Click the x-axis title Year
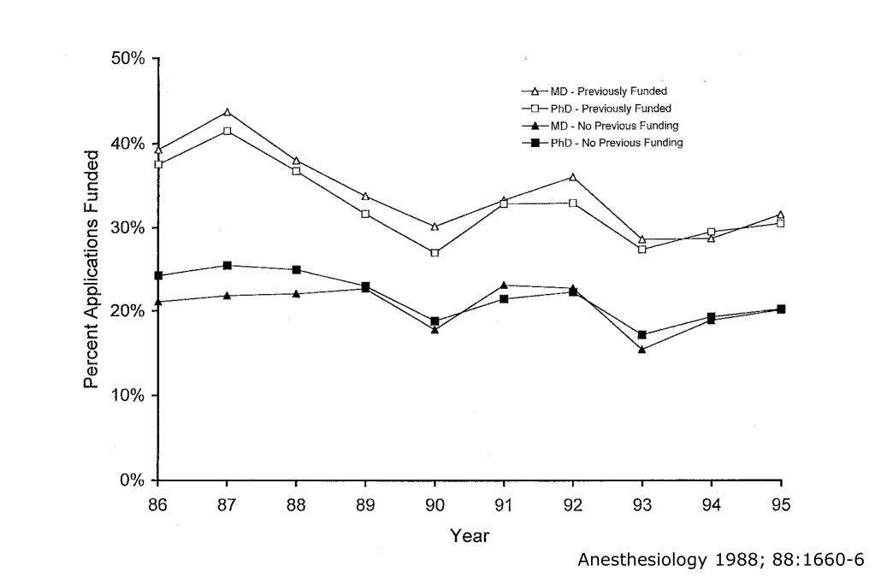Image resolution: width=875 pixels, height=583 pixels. tap(470, 537)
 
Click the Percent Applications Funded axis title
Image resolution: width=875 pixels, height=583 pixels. tap(92, 269)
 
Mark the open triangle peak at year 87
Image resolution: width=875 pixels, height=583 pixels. tap(228, 112)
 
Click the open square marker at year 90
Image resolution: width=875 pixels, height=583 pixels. tap(435, 253)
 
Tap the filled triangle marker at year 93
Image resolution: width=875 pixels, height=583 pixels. tap(642, 349)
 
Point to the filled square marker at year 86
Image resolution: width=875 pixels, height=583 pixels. tap(158, 276)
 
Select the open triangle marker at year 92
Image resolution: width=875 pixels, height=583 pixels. tap(573, 177)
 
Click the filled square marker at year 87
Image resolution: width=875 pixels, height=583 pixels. tap(228, 266)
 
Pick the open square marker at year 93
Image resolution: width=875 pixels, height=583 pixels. tap(642, 250)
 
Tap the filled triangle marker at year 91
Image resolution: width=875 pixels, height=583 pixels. tap(504, 286)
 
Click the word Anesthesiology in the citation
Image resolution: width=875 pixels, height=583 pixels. tap(631, 561)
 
